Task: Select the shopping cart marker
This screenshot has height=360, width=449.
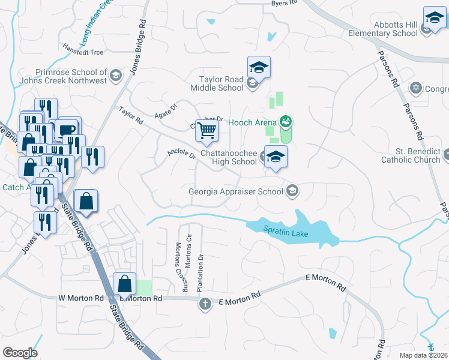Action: [206, 130]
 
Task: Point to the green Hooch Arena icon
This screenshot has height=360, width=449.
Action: [286, 122]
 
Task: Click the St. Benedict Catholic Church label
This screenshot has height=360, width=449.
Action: [411, 155]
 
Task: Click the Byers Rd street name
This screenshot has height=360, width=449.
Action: [285, 3]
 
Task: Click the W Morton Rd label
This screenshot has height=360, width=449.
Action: [81, 298]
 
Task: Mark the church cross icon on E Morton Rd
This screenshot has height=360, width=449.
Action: [205, 304]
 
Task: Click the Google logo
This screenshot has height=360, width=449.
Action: [20, 353]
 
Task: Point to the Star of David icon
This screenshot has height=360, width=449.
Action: [415, 89]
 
